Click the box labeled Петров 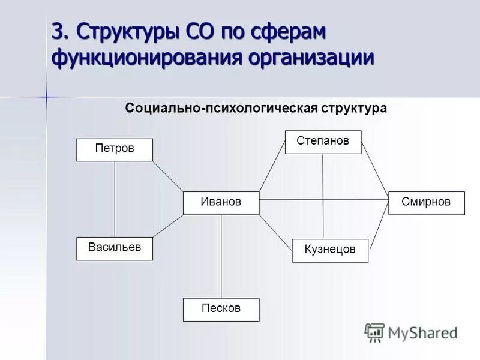[115, 149]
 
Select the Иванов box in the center [221, 203]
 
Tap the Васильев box [115, 248]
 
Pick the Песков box [221, 309]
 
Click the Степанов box [323, 142]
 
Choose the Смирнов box [427, 203]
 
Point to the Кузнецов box [330, 250]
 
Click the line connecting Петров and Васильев [115, 199]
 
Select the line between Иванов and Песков [221, 256]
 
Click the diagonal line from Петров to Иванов [168, 176]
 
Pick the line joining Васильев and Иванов [168, 226]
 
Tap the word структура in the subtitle [354, 109]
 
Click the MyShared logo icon [374, 332]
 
